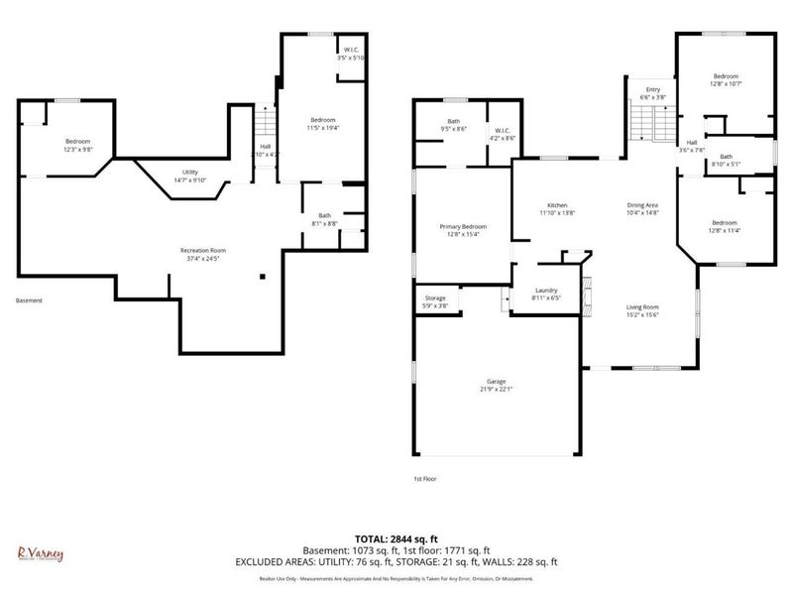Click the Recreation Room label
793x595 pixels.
202,249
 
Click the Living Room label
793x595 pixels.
643,307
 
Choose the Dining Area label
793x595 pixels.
643,205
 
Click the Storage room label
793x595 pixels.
436,297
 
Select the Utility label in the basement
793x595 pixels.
188,173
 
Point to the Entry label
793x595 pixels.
652,90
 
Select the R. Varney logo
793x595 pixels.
41,553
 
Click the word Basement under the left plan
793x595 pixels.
30,300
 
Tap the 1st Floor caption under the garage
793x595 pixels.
425,479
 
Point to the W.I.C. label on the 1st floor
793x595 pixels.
504,131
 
